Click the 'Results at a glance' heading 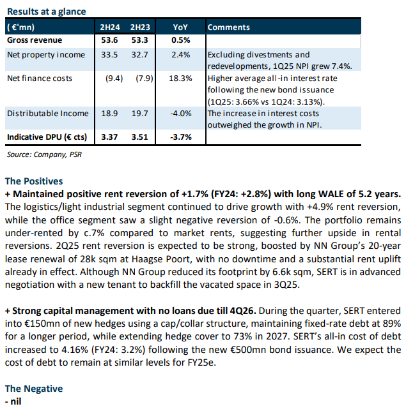tap(47, 11)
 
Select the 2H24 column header tap(110, 27)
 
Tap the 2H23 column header tap(140, 27)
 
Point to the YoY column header tap(180, 27)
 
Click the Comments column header tap(229, 27)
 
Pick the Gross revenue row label tap(35, 40)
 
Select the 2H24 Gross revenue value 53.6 tap(109, 40)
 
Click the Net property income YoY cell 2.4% tap(181, 55)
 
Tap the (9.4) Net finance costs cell tap(114, 78)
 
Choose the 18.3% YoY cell tap(180, 78)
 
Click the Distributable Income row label tap(48, 114)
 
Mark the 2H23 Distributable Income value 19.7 tap(139, 114)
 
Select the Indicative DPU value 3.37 tap(109, 137)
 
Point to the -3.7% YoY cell tap(181, 137)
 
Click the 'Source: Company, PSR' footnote tap(44, 154)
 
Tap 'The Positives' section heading tap(34, 181)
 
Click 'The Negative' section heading tap(34, 389)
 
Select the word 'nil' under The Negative tap(16, 401)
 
